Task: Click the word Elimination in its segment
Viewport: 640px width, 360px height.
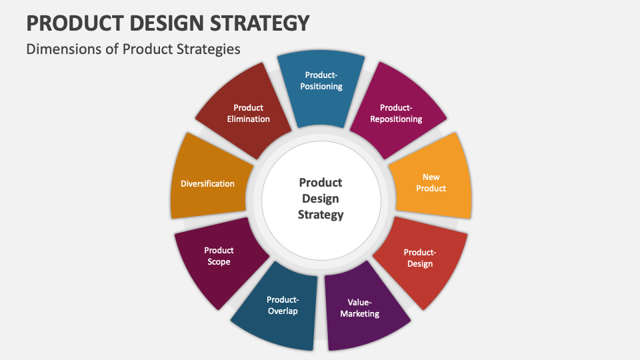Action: tap(248, 119)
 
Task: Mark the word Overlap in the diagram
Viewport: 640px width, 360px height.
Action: tap(282, 311)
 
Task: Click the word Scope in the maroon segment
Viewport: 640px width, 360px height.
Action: tap(219, 262)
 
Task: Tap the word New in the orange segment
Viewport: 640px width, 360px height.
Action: tap(431, 177)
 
